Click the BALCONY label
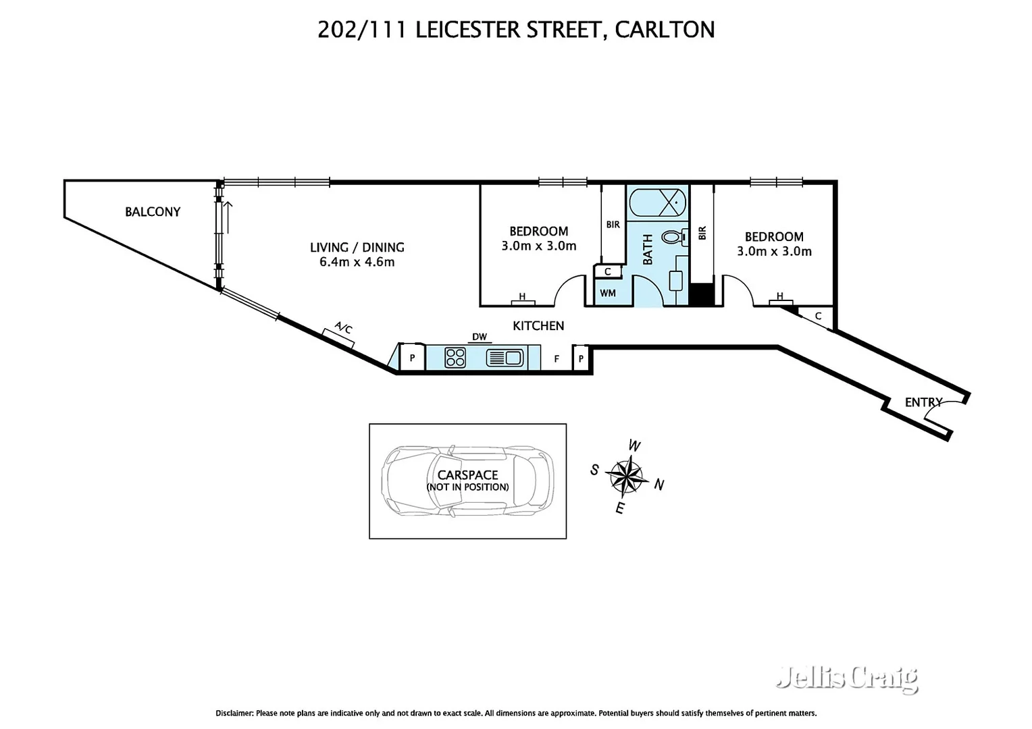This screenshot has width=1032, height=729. pos(153,212)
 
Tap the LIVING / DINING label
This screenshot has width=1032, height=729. pos(357,248)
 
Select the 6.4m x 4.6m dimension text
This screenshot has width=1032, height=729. pos(357,263)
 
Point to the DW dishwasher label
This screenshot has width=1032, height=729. pos(480,337)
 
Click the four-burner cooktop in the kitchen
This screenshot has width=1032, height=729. pos(455,357)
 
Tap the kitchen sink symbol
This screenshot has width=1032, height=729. pos(505,357)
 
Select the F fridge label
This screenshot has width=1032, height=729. pos(557,359)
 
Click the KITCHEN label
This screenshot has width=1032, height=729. pos(538,326)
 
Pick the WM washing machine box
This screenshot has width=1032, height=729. pos(608,294)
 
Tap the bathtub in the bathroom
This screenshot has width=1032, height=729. pos(657,201)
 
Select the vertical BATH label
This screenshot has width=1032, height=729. pos(648,248)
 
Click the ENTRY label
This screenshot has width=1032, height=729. pos(923,402)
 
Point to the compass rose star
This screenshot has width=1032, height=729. pos(627,475)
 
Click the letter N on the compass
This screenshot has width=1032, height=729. pos(659,485)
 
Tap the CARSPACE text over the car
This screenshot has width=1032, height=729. pos(467,475)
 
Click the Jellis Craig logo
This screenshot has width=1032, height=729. pos(848,678)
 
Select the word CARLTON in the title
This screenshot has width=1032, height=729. pos(665,30)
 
